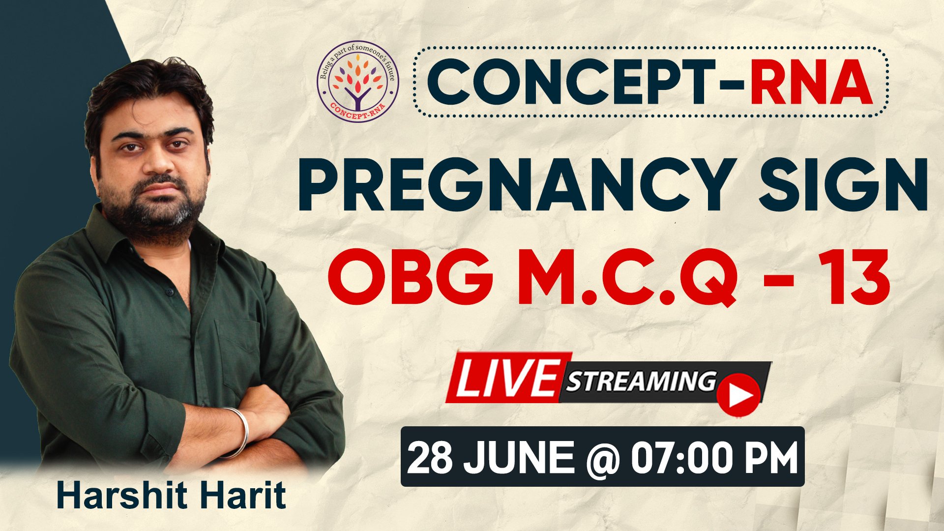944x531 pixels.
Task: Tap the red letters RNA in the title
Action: point(811,82)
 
